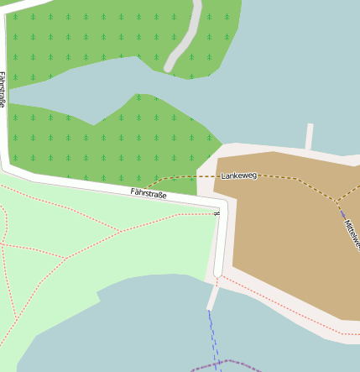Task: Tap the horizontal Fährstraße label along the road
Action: pyautogui.click(x=149, y=194)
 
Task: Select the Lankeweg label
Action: pyautogui.click(x=239, y=176)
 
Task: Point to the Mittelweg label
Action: pyautogui.click(x=352, y=235)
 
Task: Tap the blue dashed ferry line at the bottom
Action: pyautogui.click(x=212, y=336)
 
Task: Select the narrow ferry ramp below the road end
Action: pyautogui.click(x=213, y=296)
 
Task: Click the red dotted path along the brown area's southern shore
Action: pyautogui.click(x=285, y=310)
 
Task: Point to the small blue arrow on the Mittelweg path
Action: pyautogui.click(x=342, y=213)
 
